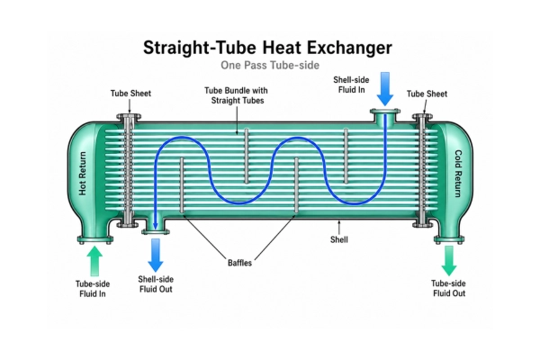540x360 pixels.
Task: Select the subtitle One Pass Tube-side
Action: pos(270,65)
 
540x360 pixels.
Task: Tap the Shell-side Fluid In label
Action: pos(351,85)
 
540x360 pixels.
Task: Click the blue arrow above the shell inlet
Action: pos(385,89)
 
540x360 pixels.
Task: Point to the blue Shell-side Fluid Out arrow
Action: pos(156,256)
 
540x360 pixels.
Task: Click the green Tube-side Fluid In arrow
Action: pos(94,261)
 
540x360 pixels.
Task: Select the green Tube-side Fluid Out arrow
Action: pos(449,260)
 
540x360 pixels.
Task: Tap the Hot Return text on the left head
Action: pos(83,174)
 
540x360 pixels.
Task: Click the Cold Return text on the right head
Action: pos(458,174)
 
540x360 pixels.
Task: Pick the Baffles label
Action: pos(239,263)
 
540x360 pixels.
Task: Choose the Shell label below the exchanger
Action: pos(339,239)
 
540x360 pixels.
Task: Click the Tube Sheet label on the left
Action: pos(130,94)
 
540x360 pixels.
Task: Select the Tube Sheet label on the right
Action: pos(427,94)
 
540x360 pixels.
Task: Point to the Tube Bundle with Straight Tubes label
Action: pos(236,95)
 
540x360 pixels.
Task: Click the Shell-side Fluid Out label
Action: pos(156,284)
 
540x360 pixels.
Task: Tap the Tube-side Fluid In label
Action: pos(93,289)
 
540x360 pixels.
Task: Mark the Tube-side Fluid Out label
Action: pos(449,288)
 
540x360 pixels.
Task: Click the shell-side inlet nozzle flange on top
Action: pos(385,112)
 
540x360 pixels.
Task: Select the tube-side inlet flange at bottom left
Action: pos(95,239)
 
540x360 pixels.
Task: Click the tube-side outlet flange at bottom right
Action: pos(449,239)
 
